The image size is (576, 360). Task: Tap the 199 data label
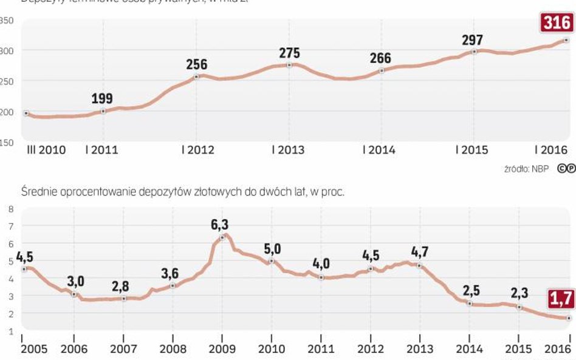coord(102,98)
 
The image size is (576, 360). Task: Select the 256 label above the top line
coord(196,64)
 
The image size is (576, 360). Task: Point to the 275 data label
coord(289,53)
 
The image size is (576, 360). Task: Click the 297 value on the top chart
coord(472,40)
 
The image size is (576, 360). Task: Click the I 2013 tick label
coord(288,150)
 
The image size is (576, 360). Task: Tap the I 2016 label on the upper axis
coord(550,150)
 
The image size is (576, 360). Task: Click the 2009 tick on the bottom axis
coord(222,349)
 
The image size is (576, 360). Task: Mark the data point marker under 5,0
coord(272,261)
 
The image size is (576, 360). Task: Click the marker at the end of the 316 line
coord(566,40)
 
